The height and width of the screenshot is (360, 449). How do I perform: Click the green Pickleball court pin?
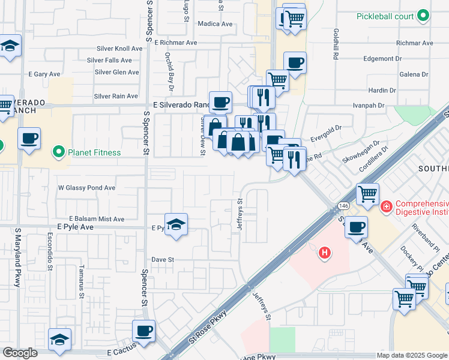(424, 16)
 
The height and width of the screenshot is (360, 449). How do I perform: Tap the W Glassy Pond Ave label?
(86, 188)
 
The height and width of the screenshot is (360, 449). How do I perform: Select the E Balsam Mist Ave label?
(97, 219)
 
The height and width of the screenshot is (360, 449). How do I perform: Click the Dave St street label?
(162, 260)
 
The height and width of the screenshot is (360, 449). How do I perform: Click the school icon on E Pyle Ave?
(176, 225)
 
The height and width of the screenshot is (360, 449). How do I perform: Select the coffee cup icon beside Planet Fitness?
(29, 139)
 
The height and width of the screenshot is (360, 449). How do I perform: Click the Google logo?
(20, 353)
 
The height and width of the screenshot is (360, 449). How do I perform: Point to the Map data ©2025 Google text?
(411, 355)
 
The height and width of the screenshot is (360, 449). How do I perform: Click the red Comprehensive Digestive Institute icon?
(387, 207)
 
